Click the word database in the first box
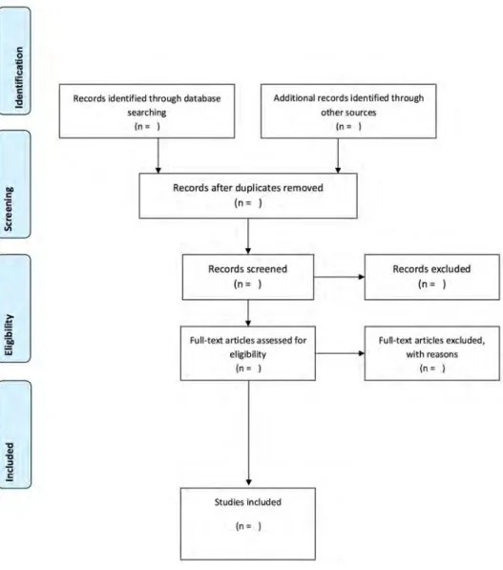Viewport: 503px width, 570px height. tap(202, 98)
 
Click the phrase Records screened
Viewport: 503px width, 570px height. tap(247, 269)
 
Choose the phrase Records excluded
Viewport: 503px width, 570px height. tap(431, 269)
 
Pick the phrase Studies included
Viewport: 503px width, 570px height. tap(248, 502)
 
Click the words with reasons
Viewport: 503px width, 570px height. tap(431, 354)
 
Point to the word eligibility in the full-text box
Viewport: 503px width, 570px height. tap(248, 354)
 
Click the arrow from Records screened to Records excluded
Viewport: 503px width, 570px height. tap(339, 277)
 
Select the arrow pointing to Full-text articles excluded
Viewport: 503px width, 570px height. tap(340, 353)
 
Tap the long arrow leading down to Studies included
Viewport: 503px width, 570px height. tap(248, 433)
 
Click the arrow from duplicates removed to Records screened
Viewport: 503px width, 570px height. tap(248, 236)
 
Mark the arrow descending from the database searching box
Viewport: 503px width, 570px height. tap(158, 156)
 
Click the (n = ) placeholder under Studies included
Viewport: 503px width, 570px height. tap(248, 526)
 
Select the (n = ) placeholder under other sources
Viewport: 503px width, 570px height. tap(348, 126)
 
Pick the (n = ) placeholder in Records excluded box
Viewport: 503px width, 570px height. tap(431, 284)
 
